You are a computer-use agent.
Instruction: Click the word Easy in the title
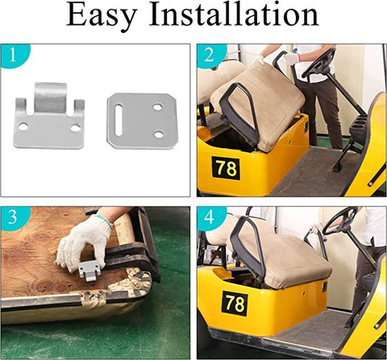102,15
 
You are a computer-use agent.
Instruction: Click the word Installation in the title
234,14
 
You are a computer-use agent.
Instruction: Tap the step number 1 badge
13,56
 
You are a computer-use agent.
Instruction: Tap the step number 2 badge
210,56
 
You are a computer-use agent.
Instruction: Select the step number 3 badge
13,217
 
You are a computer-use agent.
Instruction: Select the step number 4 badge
210,217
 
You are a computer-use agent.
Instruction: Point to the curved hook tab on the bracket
50,98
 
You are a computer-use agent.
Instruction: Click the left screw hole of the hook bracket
23,126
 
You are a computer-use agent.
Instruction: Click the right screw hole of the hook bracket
76,128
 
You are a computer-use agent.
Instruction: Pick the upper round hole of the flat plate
158,107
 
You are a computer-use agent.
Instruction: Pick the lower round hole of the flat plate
159,134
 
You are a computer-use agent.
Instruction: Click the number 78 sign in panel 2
226,168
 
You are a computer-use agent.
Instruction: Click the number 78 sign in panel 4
235,303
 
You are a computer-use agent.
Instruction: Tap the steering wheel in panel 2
319,64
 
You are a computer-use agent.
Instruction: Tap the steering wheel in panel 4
340,221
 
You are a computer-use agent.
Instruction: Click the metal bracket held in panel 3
89,271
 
